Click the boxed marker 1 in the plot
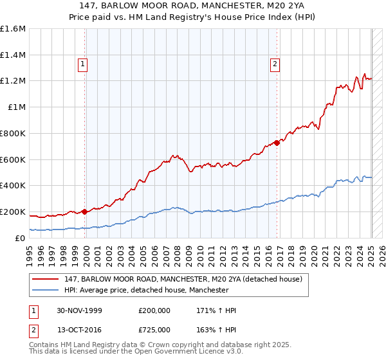[x=84, y=64]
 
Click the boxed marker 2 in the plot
[x=275, y=64]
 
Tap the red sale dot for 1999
[x=84, y=211]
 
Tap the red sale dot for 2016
[x=277, y=143]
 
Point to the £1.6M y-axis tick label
[x=13, y=29]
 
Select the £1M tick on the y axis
[x=17, y=107]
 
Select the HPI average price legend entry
[x=146, y=291]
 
